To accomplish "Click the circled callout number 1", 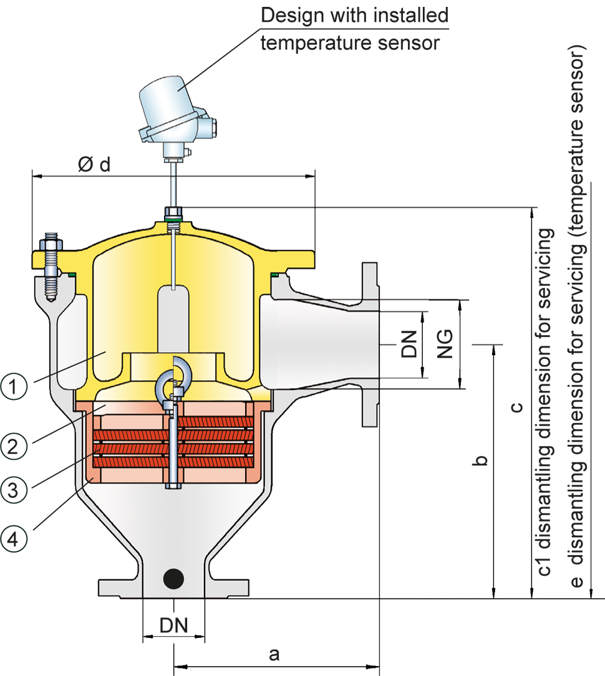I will [x=14, y=387].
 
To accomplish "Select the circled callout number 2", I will [x=14, y=445].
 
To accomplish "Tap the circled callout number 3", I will [x=14, y=490].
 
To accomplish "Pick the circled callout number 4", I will [x=14, y=536].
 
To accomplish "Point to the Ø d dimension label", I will [x=95, y=164].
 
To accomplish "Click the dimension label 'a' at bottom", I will [x=273, y=654].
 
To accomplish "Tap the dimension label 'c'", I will [x=516, y=408].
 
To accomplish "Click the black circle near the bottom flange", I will [x=173, y=578].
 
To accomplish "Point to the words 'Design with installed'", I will [x=354, y=15].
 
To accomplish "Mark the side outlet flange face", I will [x=370, y=345].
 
